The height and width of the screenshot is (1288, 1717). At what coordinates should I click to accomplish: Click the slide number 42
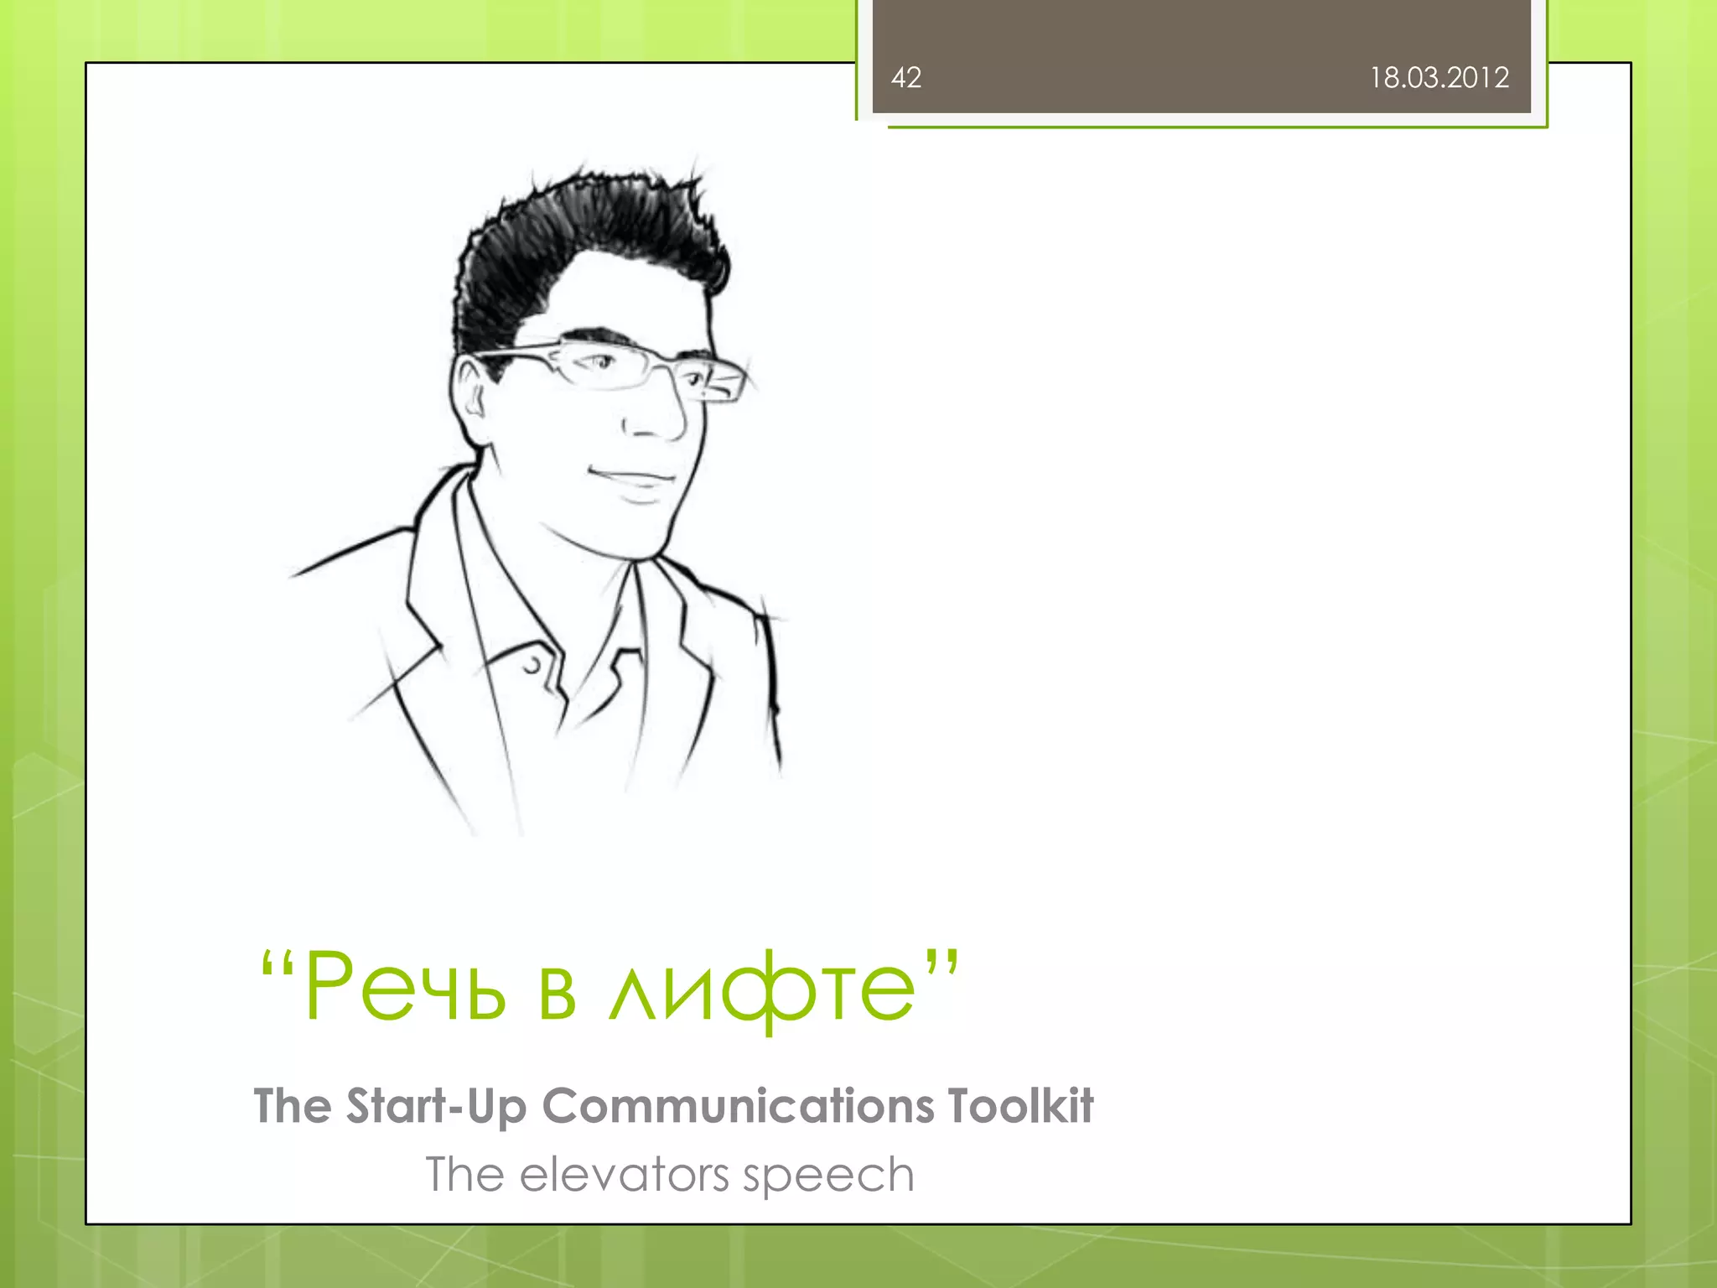point(906,78)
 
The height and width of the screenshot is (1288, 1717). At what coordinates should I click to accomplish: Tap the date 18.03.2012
point(1439,78)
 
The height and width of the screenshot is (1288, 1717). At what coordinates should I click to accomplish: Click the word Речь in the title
point(406,988)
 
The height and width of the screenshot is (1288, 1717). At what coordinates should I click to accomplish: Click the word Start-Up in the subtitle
point(437,1107)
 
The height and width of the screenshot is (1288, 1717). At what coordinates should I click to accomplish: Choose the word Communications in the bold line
point(738,1107)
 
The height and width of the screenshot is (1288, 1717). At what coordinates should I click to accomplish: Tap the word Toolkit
point(1020,1105)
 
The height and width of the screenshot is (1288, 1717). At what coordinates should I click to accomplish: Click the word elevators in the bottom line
point(625,1175)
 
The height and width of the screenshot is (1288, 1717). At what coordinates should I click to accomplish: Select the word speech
point(828,1176)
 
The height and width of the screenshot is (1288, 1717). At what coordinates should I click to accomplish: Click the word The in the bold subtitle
point(293,1106)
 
